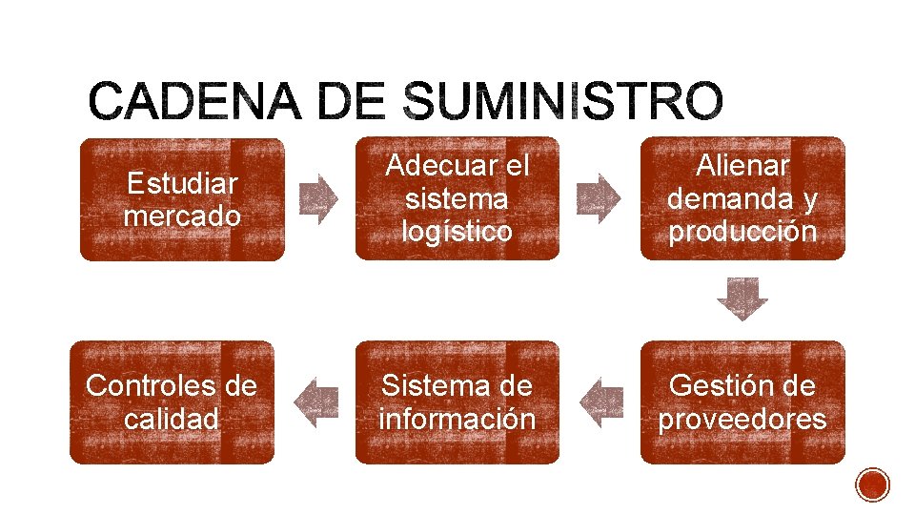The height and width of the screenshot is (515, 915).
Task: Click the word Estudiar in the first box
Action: coord(182,182)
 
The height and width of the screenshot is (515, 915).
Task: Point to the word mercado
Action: coord(182,216)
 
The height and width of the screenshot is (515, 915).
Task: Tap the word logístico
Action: coord(457,232)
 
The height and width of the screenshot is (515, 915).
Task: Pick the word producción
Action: coord(742,232)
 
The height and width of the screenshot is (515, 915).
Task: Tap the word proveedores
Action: coord(742,419)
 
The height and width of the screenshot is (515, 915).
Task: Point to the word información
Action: coord(457,419)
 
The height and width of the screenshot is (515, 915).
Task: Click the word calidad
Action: coord(172,419)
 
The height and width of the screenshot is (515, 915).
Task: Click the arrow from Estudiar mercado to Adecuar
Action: coord(318,198)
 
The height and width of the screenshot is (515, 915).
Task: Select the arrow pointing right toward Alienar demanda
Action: coord(599,198)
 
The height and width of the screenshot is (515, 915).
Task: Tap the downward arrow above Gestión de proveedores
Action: coord(742,299)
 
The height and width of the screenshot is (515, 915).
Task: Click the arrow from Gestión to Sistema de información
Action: coord(600,402)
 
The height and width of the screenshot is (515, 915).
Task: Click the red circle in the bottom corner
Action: coord(873,484)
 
